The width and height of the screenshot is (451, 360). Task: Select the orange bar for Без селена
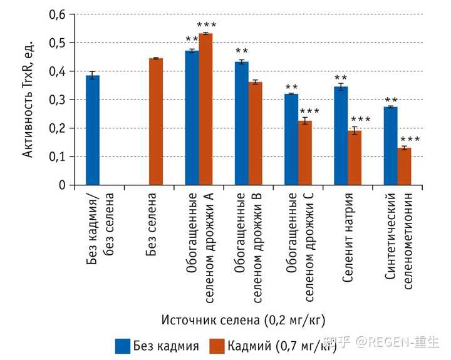click(156, 121)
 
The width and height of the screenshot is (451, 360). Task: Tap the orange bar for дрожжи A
click(205, 109)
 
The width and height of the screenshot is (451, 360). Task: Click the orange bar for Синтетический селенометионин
click(405, 167)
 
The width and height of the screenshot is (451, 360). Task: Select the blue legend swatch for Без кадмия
click(123, 345)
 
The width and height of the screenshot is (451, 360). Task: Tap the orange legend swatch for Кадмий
click(217, 345)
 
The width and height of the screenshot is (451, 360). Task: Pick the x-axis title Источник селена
click(243, 320)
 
